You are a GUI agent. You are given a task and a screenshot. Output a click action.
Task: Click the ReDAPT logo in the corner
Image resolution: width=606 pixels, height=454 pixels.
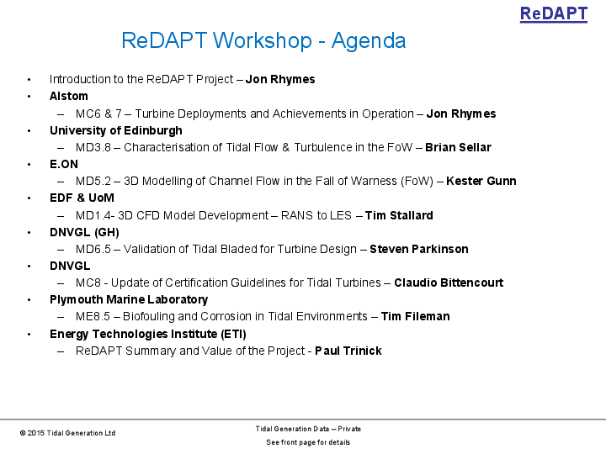pos(553,14)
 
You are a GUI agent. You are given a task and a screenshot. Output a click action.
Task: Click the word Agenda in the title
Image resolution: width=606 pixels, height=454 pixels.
pos(369,40)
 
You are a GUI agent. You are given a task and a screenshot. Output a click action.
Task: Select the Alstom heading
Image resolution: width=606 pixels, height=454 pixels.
pos(69,97)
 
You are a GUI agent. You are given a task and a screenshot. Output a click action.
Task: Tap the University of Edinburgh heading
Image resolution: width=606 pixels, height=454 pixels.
pos(115,130)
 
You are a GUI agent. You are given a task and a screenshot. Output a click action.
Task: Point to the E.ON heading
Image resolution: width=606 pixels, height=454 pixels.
pos(64,164)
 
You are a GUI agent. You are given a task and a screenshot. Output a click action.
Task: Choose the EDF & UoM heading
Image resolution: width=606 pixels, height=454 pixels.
pos(82,198)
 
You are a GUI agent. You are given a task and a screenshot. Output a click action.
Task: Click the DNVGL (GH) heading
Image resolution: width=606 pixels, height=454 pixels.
pos(84,232)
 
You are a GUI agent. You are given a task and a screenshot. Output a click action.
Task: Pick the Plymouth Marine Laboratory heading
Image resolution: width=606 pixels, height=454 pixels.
pos(129,299)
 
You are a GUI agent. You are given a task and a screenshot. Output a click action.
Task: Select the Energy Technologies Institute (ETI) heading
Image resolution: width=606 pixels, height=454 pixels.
pos(148,334)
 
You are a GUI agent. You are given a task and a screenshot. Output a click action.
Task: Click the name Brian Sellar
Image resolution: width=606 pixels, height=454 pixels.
pos(458,147)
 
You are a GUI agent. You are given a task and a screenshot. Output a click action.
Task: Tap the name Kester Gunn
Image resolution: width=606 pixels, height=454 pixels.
pos(481,181)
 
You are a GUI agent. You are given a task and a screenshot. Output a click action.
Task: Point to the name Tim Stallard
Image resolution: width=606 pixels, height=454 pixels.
pos(399,215)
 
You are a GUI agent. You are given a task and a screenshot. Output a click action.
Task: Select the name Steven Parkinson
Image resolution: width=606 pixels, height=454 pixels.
pos(418,249)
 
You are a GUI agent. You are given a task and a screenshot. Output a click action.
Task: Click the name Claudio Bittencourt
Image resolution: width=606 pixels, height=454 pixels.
pos(449,282)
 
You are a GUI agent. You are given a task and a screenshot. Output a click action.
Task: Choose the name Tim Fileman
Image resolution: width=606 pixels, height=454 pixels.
pos(415,316)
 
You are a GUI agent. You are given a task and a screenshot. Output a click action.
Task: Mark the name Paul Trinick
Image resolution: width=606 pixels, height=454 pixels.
pos(348,351)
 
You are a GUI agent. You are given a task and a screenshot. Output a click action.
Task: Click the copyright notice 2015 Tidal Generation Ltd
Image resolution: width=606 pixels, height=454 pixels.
pos(68,433)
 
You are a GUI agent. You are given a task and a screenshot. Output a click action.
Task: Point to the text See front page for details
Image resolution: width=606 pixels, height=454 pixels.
pos(308,442)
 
